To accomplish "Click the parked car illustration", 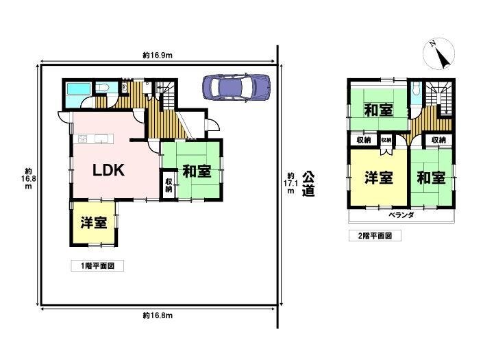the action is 236,87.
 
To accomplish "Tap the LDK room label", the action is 109,170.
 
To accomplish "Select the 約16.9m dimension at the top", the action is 158,55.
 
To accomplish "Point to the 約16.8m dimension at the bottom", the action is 158,315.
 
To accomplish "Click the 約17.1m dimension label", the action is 290,183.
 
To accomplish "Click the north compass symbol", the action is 438,53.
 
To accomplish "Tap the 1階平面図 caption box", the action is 97,265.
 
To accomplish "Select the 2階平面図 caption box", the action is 375,236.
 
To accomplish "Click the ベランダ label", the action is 401,215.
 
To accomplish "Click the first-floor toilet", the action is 101,88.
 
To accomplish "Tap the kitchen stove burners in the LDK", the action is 83,139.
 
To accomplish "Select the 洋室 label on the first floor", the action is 94,223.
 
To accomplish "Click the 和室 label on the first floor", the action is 197,171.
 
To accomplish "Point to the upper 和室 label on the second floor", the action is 379,110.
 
